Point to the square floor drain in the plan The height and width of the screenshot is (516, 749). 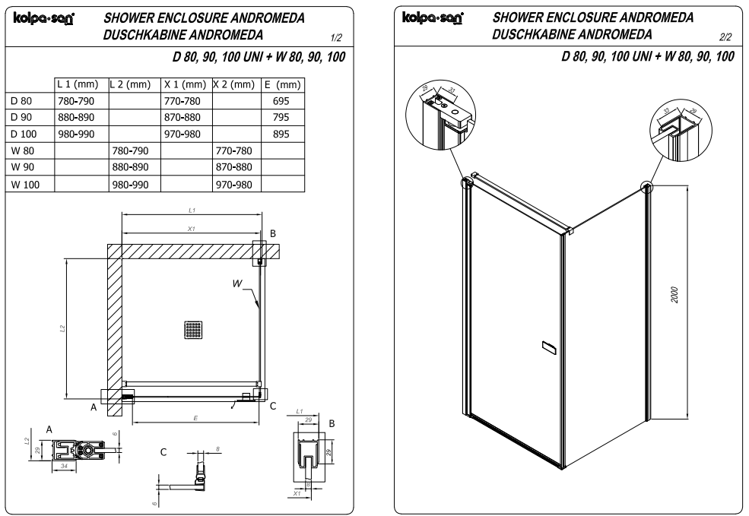point(193,329)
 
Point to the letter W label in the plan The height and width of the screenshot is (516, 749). point(240,283)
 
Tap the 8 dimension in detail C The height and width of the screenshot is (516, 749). point(218,448)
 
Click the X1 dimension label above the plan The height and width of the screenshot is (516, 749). point(192,228)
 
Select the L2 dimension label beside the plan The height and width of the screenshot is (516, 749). point(62,328)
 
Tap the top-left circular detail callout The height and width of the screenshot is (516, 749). point(440,107)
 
